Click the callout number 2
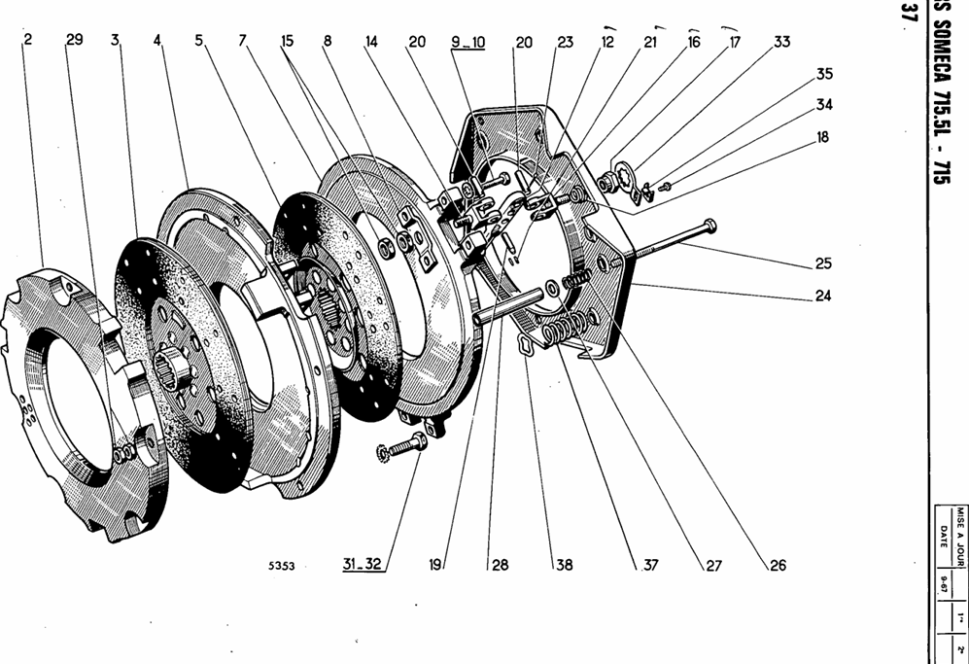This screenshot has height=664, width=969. click(x=28, y=40)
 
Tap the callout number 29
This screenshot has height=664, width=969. click(x=75, y=40)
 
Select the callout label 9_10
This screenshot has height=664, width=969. click(x=467, y=43)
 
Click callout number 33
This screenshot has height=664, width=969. click(x=782, y=43)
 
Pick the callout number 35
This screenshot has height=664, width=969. click(x=824, y=74)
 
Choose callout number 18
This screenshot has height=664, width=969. click(x=823, y=138)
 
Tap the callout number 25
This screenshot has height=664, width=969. click(x=823, y=263)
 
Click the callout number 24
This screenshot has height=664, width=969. click(x=823, y=296)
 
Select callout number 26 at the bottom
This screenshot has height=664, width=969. click(x=777, y=565)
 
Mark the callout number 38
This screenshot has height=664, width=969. click(x=564, y=565)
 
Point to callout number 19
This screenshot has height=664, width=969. click(x=436, y=564)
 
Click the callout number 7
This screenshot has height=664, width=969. click(x=242, y=41)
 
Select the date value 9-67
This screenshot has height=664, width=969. click(x=943, y=584)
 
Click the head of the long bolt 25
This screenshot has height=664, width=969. click(x=711, y=226)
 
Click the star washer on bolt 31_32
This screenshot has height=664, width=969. click(x=383, y=452)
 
